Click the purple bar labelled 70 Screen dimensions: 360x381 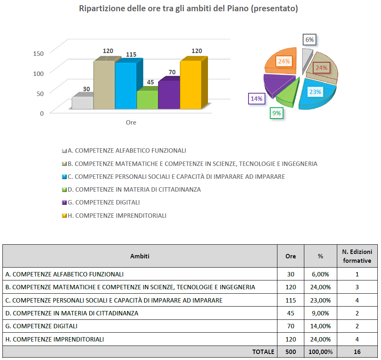coord(169,95)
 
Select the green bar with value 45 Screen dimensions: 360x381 coord(147,100)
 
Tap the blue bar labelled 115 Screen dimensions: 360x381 coord(125,86)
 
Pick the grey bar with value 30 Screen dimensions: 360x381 coord(82,102)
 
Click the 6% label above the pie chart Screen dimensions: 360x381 coord(310,40)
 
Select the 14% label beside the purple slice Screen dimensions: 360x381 coord(256,98)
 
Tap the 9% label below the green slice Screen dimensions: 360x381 coord(277,113)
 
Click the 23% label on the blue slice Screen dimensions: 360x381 coord(315,92)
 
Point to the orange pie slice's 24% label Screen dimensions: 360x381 coord(284,61)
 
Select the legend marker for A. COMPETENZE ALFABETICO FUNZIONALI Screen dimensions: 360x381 coord(64,151)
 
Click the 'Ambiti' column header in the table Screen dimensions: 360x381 coord(140,256)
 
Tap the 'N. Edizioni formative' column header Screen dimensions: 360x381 coord(357,256)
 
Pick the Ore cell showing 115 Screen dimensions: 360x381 coord(291,300)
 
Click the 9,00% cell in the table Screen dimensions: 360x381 coord(320,313)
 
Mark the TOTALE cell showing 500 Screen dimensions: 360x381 coord(291,352)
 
